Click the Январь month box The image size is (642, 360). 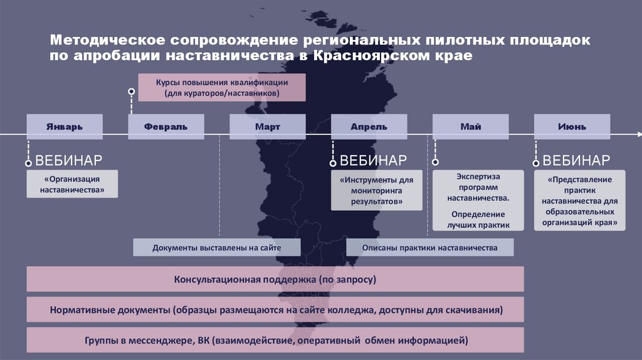pos(65,127)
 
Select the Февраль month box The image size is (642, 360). pos(166,127)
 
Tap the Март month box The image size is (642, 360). pos(268,127)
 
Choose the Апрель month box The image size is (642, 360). pos(369,127)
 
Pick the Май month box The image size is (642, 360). pos(471,127)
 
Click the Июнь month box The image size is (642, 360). pos(572,127)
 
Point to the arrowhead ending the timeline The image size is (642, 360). pos(638,134)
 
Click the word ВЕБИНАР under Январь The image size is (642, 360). pos(68,160)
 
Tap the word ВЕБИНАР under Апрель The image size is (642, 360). pos(373,160)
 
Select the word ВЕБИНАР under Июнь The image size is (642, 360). pos(576,160)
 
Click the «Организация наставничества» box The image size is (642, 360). pos(72,183)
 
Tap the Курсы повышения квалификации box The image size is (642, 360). pos(222,88)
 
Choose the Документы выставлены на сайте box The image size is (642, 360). pos(216,248)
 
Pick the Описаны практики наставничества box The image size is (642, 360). pos(430,248)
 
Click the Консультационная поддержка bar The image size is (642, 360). pos(275,279)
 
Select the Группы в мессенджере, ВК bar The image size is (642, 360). pos(275,341)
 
